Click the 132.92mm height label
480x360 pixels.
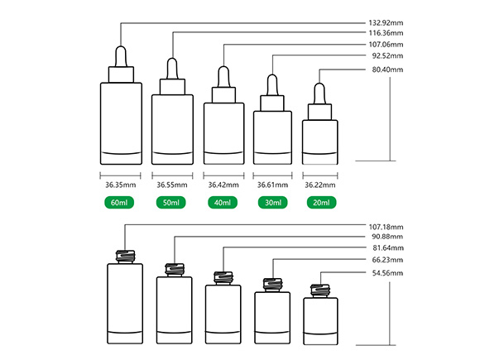pyautogui.click(x=386, y=23)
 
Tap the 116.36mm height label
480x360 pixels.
pyautogui.click(x=386, y=33)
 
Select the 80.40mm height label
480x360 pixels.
pyautogui.click(x=387, y=70)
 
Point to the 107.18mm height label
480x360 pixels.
pyautogui.click(x=386, y=227)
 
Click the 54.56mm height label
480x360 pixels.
pyautogui.click(x=387, y=273)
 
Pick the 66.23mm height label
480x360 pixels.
pyautogui.click(x=387, y=260)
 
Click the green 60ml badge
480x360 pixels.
pyautogui.click(x=119, y=203)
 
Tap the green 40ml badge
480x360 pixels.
pyautogui.click(x=223, y=203)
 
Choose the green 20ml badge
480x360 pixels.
pyautogui.click(x=321, y=203)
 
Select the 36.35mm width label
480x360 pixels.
pyautogui.click(x=120, y=185)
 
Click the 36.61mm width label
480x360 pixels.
pyautogui.click(x=272, y=185)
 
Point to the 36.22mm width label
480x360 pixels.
pyautogui.click(x=320, y=185)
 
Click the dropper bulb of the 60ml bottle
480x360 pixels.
pyautogui.click(x=121, y=56)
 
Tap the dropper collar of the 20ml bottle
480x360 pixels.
pyautogui.click(x=319, y=112)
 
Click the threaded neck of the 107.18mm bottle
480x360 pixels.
pyautogui.click(x=125, y=257)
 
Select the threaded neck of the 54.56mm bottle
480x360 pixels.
pyautogui.click(x=320, y=290)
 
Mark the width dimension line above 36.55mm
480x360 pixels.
pyautogui.click(x=172, y=175)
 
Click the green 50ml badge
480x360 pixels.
pyautogui.click(x=170, y=203)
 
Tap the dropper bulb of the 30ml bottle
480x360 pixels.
pyautogui.click(x=272, y=85)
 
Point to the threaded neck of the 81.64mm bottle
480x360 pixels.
pyautogui.click(x=223, y=278)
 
